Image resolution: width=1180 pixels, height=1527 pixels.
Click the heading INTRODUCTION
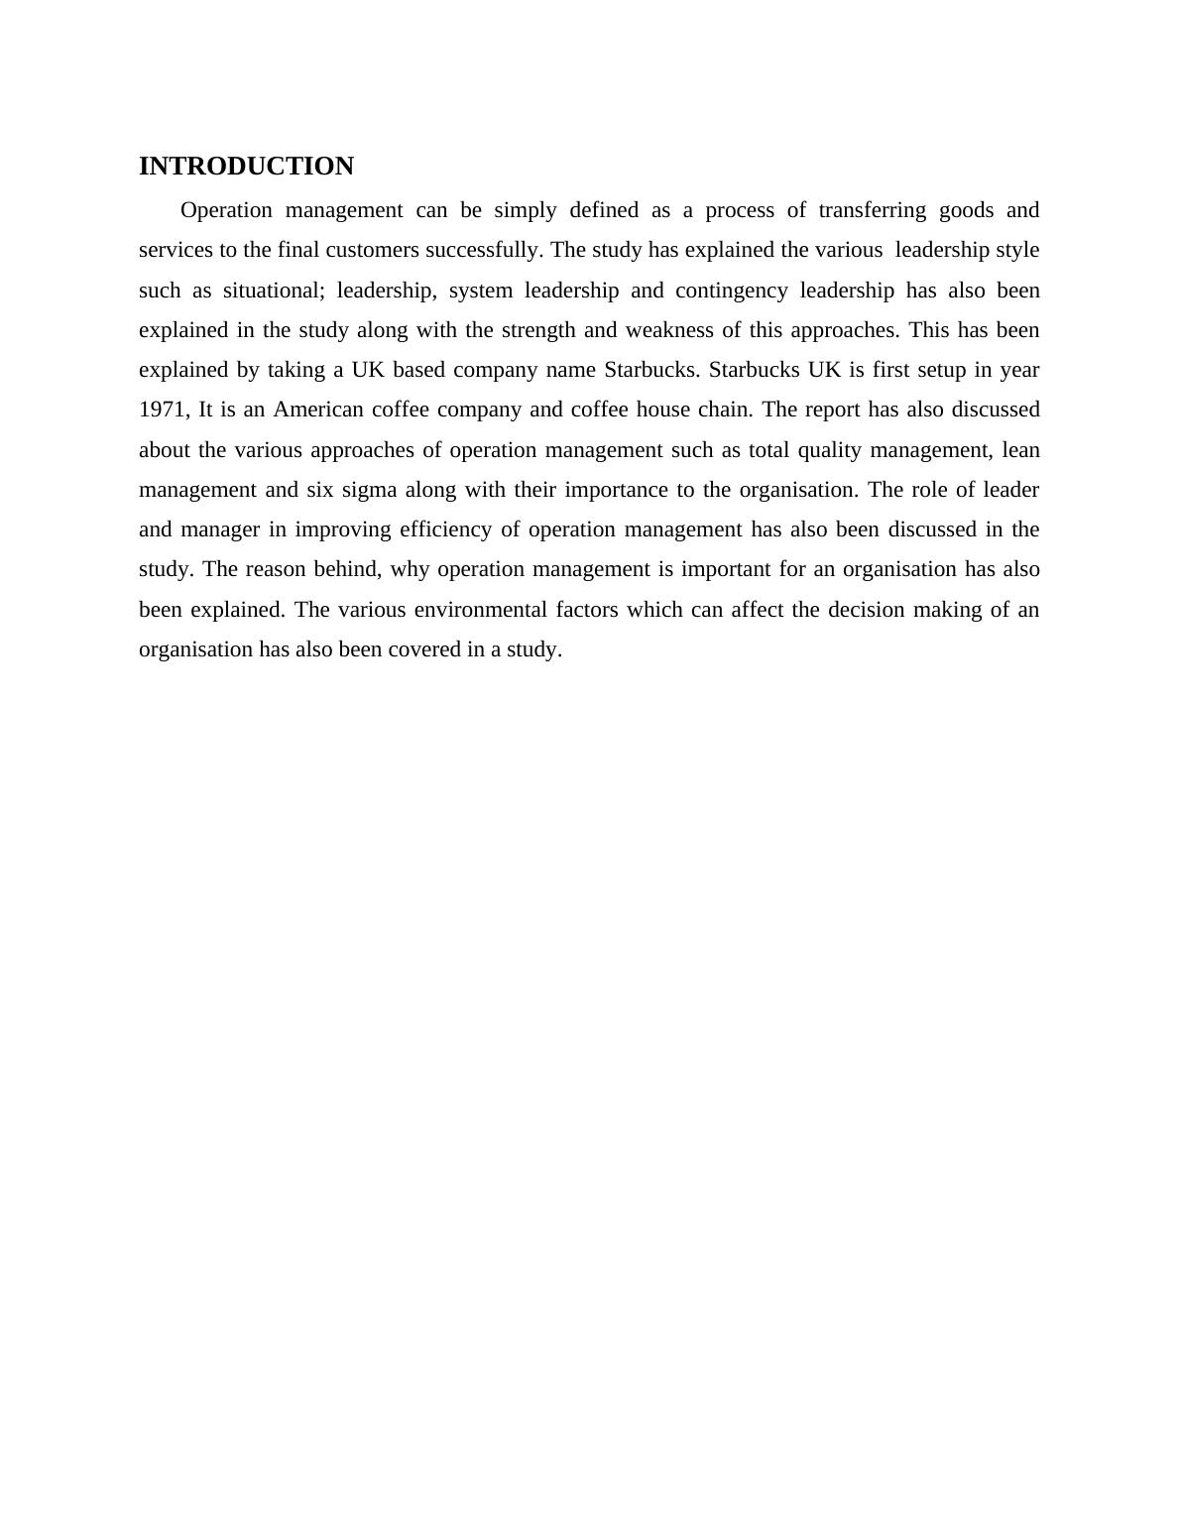pos(246,167)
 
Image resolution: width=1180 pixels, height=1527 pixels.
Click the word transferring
pos(872,210)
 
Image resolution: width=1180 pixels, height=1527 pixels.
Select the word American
pos(318,410)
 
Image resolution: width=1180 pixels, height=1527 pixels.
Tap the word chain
pos(729,410)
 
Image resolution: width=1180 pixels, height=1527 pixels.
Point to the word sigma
pos(369,490)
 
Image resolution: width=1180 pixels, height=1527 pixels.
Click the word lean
pos(1020,450)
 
